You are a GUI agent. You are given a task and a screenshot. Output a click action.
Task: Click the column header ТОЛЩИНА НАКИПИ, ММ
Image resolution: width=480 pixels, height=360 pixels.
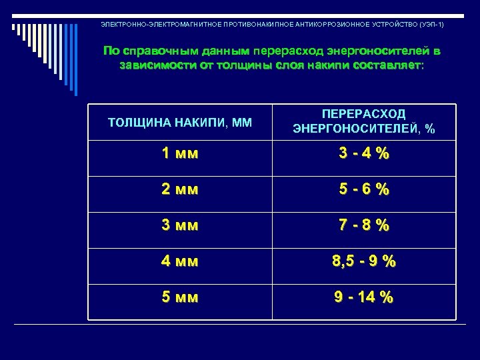tap(180, 122)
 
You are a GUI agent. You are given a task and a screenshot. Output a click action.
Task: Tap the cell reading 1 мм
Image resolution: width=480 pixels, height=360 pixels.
tap(180, 153)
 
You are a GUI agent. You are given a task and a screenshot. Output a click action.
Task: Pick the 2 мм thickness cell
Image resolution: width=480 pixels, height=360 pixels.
tap(180, 189)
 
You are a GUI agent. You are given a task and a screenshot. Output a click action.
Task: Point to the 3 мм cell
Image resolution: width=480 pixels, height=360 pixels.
tap(180, 225)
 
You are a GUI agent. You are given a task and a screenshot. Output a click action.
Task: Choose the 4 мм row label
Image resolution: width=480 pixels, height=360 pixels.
tap(180, 261)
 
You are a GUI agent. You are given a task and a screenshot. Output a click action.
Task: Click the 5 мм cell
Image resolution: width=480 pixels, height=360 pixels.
tap(180, 297)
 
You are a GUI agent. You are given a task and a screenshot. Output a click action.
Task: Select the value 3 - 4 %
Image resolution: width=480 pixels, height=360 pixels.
tap(363, 153)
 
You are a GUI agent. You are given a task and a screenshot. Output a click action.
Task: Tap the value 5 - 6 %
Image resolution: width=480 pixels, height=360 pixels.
tap(363, 189)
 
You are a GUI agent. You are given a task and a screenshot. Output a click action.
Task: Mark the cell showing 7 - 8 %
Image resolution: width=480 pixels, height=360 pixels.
tap(363, 225)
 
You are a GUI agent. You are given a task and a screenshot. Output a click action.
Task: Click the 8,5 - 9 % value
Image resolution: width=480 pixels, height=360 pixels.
tap(363, 261)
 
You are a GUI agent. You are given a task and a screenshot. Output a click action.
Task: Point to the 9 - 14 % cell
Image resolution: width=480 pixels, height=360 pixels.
tap(363, 297)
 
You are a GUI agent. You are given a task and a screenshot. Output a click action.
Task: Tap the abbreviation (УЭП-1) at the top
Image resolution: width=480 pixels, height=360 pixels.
tap(431, 24)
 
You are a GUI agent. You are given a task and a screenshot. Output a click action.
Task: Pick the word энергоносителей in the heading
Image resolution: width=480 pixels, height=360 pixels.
tap(373, 51)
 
